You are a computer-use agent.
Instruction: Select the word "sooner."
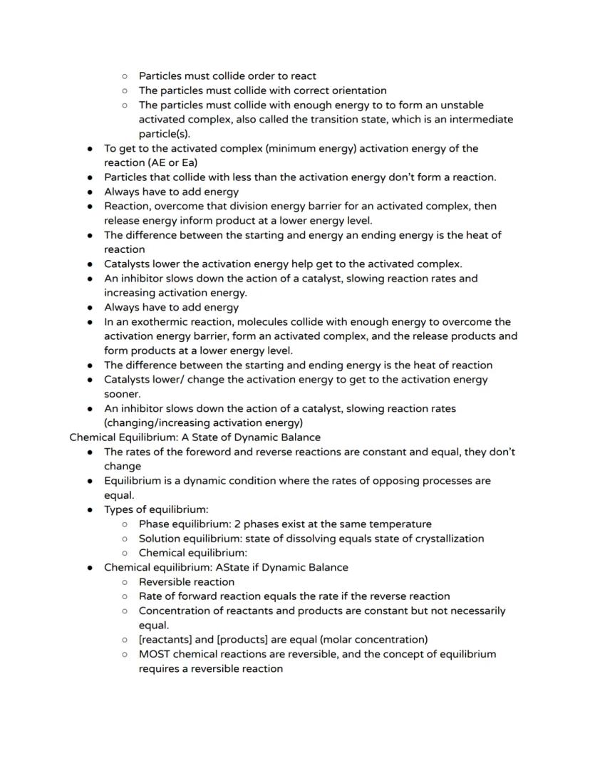click(x=123, y=393)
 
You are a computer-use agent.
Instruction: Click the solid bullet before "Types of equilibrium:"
click(x=90, y=509)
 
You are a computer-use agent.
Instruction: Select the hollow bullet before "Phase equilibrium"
click(x=125, y=524)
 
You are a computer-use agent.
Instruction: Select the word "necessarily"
click(x=472, y=611)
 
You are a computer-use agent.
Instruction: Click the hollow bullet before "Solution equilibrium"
click(x=125, y=538)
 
